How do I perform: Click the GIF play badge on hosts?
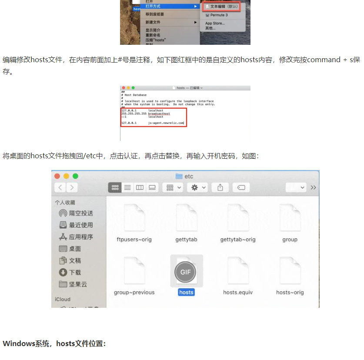click(x=185, y=272)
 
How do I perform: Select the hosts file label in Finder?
click(x=186, y=292)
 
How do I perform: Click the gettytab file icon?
click(x=186, y=217)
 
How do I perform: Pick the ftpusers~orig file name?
click(x=134, y=240)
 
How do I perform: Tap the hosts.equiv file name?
click(x=238, y=292)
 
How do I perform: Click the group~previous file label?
click(x=134, y=292)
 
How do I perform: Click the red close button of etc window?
click(x=57, y=176)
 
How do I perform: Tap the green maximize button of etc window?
click(x=75, y=176)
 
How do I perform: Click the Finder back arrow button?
click(x=60, y=187)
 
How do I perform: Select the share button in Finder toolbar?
click(x=220, y=187)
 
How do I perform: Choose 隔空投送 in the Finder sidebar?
click(x=81, y=213)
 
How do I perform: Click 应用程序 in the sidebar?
click(x=81, y=237)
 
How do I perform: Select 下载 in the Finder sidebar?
click(x=75, y=272)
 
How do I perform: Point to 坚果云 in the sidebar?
click(x=78, y=284)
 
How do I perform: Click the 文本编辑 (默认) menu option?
click(x=222, y=7)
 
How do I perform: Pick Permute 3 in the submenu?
click(x=219, y=15)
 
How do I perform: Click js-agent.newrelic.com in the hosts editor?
click(x=166, y=123)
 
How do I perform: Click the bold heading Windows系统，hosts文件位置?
click(x=54, y=343)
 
